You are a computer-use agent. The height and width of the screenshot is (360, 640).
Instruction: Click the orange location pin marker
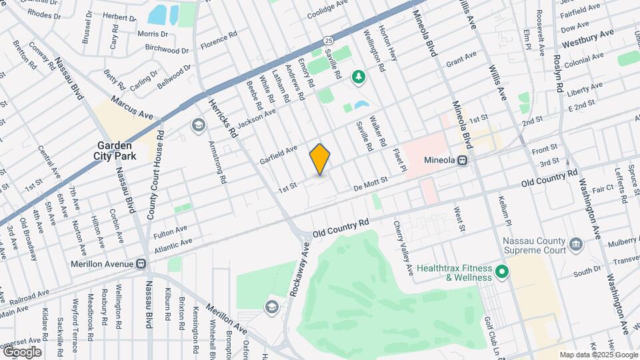click(x=320, y=159)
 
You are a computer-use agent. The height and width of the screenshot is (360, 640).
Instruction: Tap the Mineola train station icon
click(x=461, y=161)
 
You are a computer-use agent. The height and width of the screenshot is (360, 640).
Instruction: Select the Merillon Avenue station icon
click(x=141, y=263)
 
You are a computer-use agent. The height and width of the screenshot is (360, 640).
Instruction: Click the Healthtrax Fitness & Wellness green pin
click(x=501, y=273)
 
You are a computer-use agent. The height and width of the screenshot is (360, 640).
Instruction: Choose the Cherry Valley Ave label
click(x=404, y=247)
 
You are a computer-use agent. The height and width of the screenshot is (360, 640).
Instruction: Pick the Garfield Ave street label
click(x=279, y=156)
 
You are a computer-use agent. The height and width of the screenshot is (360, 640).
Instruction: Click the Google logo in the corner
click(x=21, y=352)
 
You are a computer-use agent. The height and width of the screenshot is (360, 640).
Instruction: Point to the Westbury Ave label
click(x=587, y=38)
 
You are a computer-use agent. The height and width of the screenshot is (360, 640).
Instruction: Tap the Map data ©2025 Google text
click(x=597, y=355)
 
